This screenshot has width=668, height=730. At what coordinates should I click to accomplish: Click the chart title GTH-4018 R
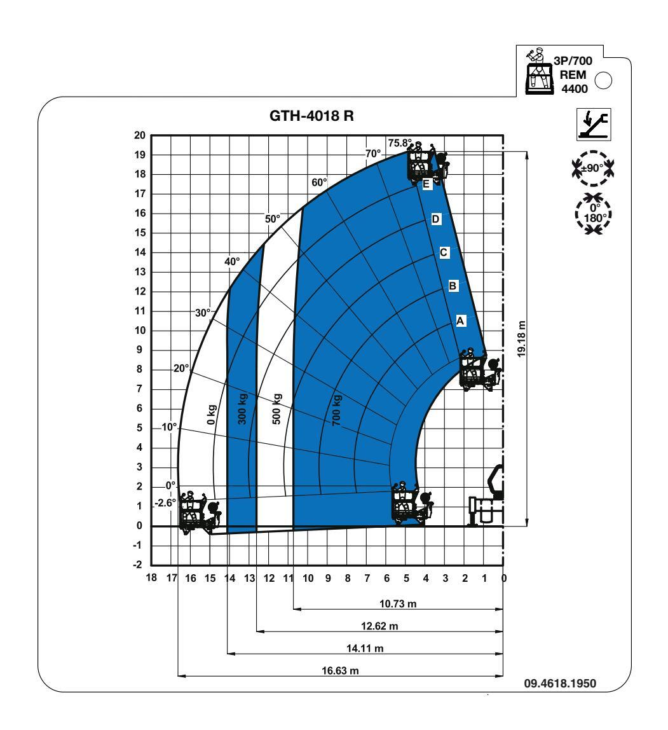(x=311, y=116)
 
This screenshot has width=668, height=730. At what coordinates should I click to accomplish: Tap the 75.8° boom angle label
(x=400, y=143)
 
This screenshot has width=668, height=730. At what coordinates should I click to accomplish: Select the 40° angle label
(x=232, y=261)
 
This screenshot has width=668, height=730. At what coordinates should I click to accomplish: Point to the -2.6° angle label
(x=166, y=503)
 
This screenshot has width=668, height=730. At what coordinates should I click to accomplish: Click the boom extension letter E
(x=426, y=185)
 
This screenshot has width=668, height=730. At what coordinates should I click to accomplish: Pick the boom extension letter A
(x=460, y=320)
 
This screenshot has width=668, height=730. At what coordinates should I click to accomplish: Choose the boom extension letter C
(x=443, y=252)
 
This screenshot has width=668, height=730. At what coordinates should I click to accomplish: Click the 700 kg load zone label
(x=337, y=410)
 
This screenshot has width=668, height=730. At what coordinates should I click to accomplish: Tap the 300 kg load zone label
(x=242, y=409)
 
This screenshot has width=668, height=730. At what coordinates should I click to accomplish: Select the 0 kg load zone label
(x=211, y=415)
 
